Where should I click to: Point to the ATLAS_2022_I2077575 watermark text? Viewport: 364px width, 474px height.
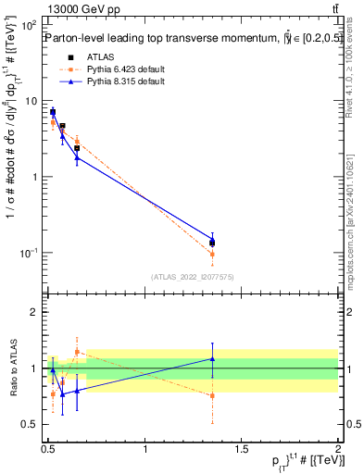(193, 276)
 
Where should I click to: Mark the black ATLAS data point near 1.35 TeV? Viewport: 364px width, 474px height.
(212, 243)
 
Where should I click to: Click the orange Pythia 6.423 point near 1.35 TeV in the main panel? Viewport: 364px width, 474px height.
(212, 254)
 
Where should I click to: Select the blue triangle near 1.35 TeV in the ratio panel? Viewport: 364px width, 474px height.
(212, 358)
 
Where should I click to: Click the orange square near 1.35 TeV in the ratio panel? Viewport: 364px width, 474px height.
(212, 395)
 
